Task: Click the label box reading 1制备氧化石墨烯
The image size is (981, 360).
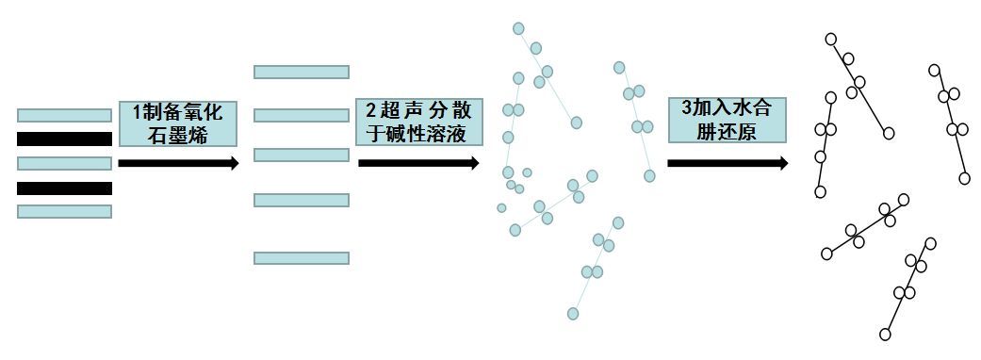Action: [x=177, y=123]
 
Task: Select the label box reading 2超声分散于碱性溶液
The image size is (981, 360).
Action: [x=417, y=123]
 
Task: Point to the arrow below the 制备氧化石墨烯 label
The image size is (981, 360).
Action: [x=178, y=163]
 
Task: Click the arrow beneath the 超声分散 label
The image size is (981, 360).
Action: [x=418, y=163]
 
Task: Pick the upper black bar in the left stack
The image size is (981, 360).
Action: [x=64, y=139]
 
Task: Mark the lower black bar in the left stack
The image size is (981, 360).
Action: [x=64, y=188]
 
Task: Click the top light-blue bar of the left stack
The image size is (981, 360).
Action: [x=64, y=115]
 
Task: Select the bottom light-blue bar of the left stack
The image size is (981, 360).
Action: [x=64, y=211]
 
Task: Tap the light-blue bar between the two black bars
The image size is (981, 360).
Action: [x=64, y=163]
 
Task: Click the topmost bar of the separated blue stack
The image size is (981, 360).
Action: [x=302, y=72]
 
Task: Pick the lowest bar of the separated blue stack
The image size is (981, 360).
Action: [x=302, y=257]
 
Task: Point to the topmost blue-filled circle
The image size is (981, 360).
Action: [x=518, y=28]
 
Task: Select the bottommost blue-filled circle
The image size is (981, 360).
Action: [x=573, y=313]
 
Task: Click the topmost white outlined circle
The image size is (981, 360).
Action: [x=831, y=39]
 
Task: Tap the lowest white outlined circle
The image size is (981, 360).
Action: [x=886, y=334]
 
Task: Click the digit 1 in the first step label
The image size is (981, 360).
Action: [x=136, y=111]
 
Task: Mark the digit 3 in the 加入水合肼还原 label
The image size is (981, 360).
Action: [x=685, y=108]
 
